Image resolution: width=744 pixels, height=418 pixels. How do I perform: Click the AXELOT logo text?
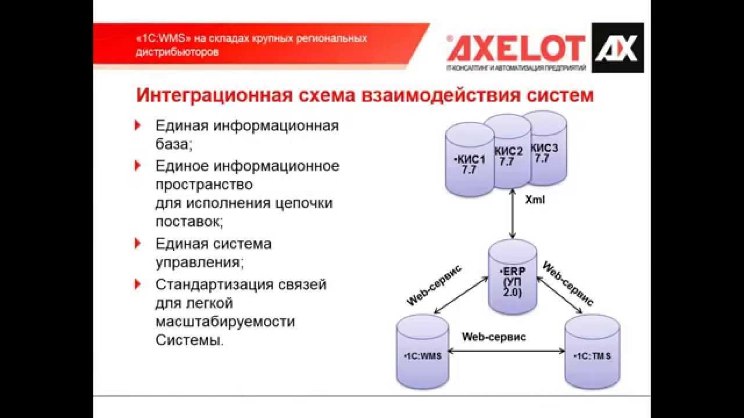[516, 48]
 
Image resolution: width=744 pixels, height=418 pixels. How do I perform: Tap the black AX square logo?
[617, 48]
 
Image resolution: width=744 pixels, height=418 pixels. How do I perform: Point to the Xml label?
[535, 200]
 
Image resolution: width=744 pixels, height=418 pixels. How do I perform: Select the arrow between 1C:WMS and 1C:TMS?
[507, 351]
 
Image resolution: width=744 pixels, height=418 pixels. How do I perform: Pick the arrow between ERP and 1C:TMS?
[560, 297]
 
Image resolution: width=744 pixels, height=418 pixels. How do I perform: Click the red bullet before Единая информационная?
[138, 125]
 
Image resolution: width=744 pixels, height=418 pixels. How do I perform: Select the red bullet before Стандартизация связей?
[138, 284]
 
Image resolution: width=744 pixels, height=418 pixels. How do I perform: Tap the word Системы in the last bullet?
[189, 340]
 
